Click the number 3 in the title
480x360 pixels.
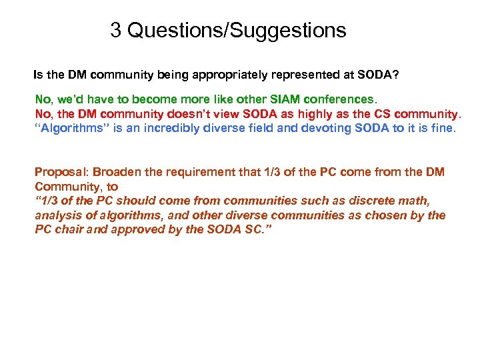115,31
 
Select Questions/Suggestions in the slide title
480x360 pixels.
237,31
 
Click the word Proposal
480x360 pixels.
59,172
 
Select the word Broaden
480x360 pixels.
115,172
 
